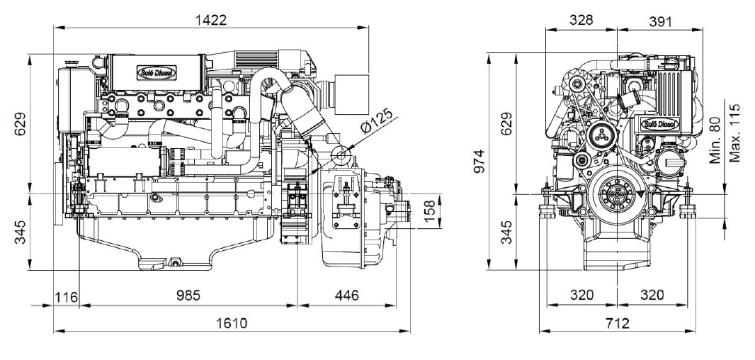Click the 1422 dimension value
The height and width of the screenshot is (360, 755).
tap(210, 20)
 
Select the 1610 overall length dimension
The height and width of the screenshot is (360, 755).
tap(232, 323)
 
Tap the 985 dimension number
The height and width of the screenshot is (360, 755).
tap(187, 295)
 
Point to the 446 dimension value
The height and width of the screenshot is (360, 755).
tap(346, 295)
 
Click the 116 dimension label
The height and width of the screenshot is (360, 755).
tap(67, 297)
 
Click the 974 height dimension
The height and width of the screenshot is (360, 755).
tap(480, 162)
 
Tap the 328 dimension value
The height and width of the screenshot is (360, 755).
tap(581, 20)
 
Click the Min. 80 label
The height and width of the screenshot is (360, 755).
tap(716, 140)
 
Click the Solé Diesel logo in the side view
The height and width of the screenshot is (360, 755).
tap(157, 73)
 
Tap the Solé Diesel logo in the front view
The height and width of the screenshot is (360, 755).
tap(660, 124)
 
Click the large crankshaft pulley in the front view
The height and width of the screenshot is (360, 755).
tap(618, 193)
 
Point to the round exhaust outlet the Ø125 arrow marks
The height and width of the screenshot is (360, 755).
tap(341, 155)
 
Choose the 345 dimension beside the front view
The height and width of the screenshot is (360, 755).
tap(506, 232)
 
